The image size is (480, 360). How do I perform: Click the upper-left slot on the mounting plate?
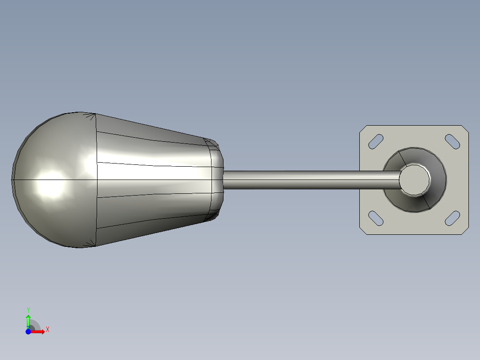376,142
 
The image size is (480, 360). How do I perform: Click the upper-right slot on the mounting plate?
452,142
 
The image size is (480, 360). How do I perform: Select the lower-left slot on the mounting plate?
376,218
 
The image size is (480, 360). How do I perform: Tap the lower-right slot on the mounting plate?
452,218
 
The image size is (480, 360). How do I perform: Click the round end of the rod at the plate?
415,180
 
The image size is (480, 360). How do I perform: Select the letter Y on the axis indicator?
28,310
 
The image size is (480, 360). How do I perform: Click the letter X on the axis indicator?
48,330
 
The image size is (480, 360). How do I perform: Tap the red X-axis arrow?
37,331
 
